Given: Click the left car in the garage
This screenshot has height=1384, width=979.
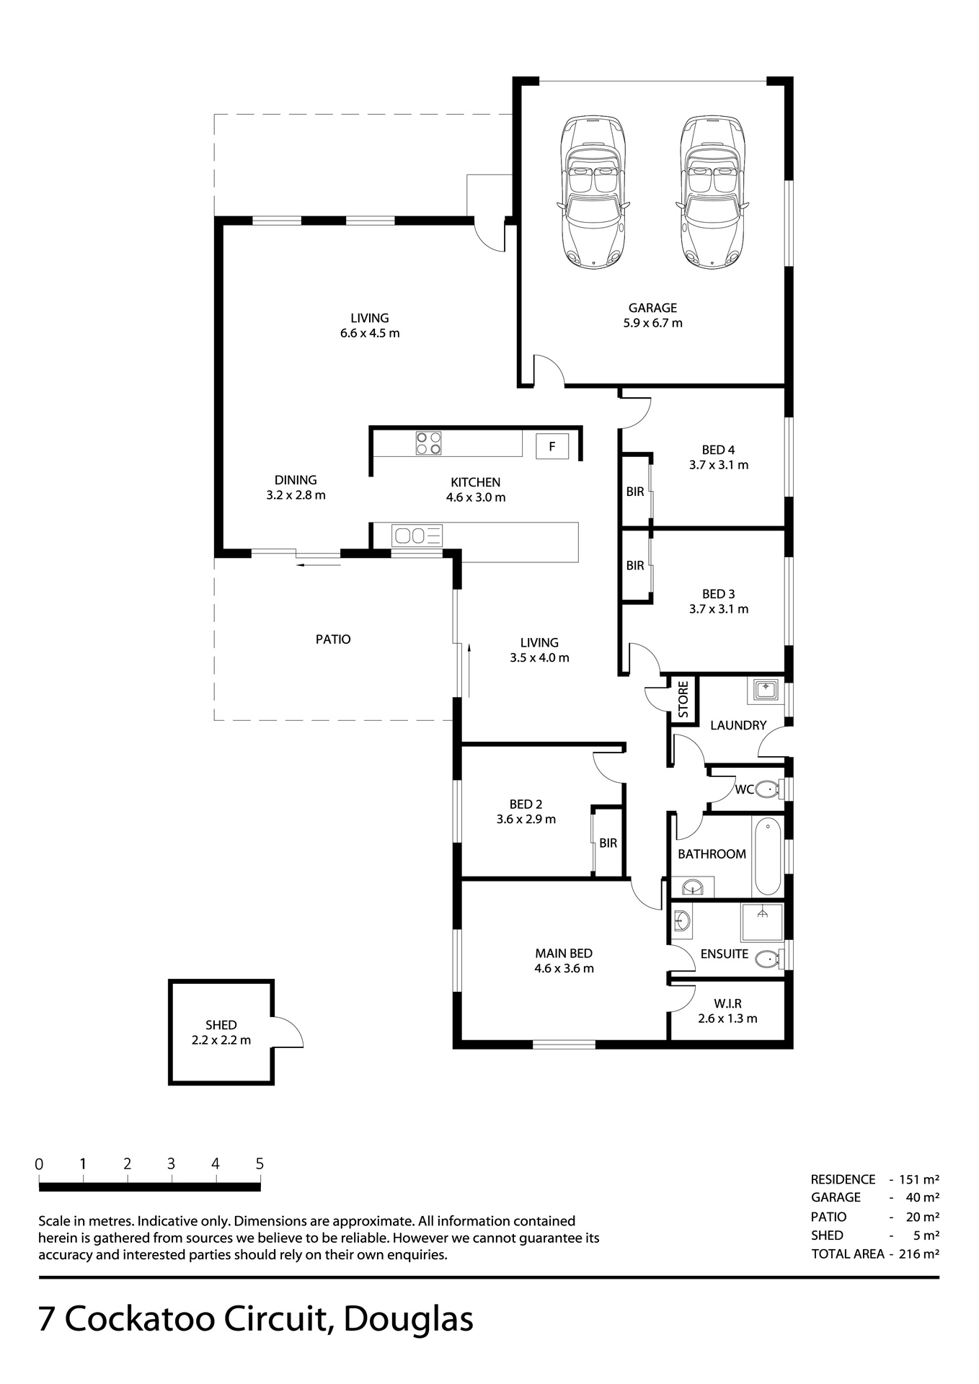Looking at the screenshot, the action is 593,192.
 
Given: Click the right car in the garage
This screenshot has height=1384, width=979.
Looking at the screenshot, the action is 712,192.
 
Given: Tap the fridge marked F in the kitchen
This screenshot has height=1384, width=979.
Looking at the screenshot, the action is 552,446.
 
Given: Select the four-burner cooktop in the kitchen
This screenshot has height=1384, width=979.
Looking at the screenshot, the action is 428,443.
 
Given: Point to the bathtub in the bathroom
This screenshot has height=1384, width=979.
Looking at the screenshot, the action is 766,856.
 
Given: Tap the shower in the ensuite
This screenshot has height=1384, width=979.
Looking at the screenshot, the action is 762,922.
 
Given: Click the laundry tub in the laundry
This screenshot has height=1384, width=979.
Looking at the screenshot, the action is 763,690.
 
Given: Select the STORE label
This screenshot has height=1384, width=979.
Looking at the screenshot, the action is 683,698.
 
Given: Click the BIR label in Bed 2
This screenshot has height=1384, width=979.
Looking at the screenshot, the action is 608,843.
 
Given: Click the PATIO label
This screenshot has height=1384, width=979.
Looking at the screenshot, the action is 333,639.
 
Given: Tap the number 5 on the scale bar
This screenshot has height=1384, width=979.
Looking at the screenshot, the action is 260,1164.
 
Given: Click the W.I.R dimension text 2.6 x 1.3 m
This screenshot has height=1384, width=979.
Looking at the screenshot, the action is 727,1019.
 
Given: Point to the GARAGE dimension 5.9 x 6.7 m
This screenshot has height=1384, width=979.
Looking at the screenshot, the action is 652,323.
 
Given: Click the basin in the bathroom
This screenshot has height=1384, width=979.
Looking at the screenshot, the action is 693,887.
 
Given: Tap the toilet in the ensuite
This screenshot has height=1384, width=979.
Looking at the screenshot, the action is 768,958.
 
